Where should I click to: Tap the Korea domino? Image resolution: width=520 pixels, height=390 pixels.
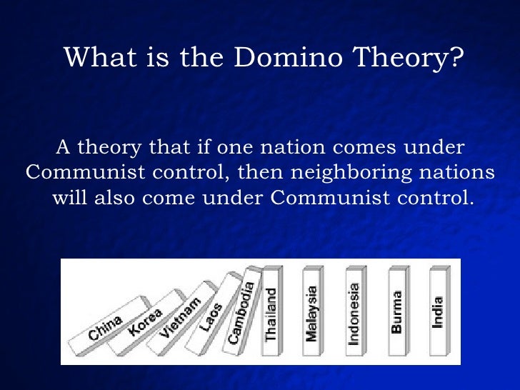pyautogui.click(x=146, y=322)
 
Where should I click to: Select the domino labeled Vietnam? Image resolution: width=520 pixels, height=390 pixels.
pyautogui.click(x=181, y=319)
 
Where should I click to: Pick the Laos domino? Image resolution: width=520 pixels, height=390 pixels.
pyautogui.click(x=213, y=314)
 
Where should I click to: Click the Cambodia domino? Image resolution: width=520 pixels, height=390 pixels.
pyautogui.click(x=242, y=310)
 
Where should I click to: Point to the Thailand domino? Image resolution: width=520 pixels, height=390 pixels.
pyautogui.click(x=272, y=311)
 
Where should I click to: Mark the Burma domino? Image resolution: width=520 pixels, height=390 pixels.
pyautogui.click(x=399, y=311)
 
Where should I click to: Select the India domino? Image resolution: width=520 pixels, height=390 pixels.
pyautogui.click(x=440, y=311)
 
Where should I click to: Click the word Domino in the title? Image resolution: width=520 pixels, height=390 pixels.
pyautogui.click(x=288, y=57)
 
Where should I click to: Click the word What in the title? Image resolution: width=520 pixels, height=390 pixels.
pyautogui.click(x=100, y=57)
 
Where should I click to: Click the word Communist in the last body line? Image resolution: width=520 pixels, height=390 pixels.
pyautogui.click(x=330, y=198)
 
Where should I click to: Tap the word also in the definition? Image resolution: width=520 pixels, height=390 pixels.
pyautogui.click(x=114, y=198)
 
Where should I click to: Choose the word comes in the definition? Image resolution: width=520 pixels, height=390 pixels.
pyautogui.click(x=364, y=149)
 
